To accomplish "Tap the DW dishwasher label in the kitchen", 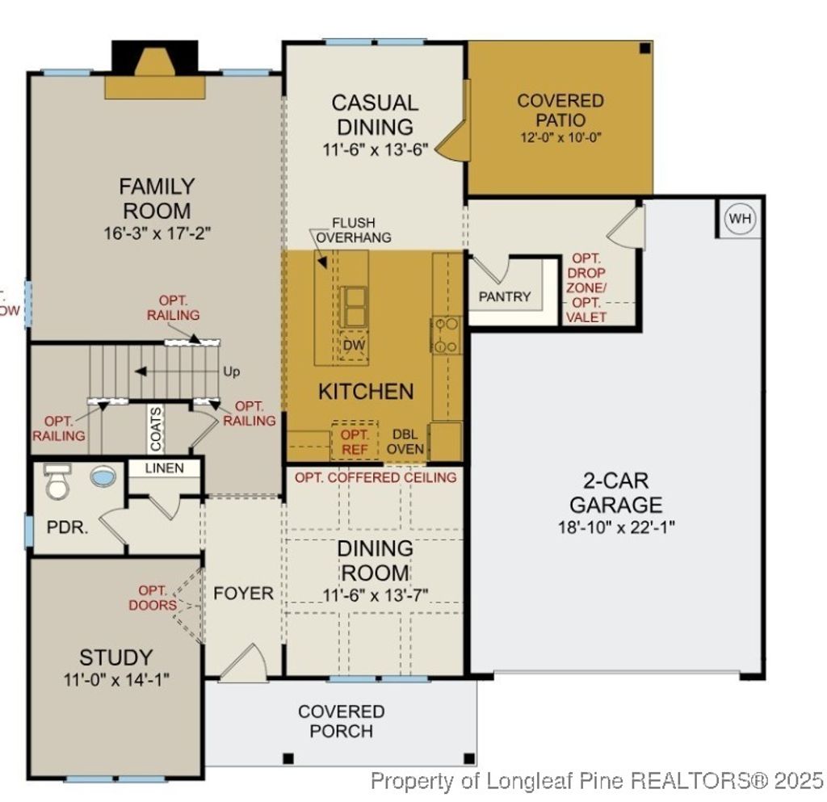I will (353, 345).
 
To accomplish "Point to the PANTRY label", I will (505, 296).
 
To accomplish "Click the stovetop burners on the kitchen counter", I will (447, 335).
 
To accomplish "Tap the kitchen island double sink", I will (353, 305).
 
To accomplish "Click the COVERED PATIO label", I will (560, 110).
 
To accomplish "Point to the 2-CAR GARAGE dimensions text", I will (615, 527).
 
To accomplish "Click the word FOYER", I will (243, 594).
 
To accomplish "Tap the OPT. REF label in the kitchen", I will (355, 441).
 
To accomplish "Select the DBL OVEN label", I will (405, 441).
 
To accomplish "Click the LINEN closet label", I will (164, 468).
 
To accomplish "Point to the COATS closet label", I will (156, 428).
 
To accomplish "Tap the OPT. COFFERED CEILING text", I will (375, 477).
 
